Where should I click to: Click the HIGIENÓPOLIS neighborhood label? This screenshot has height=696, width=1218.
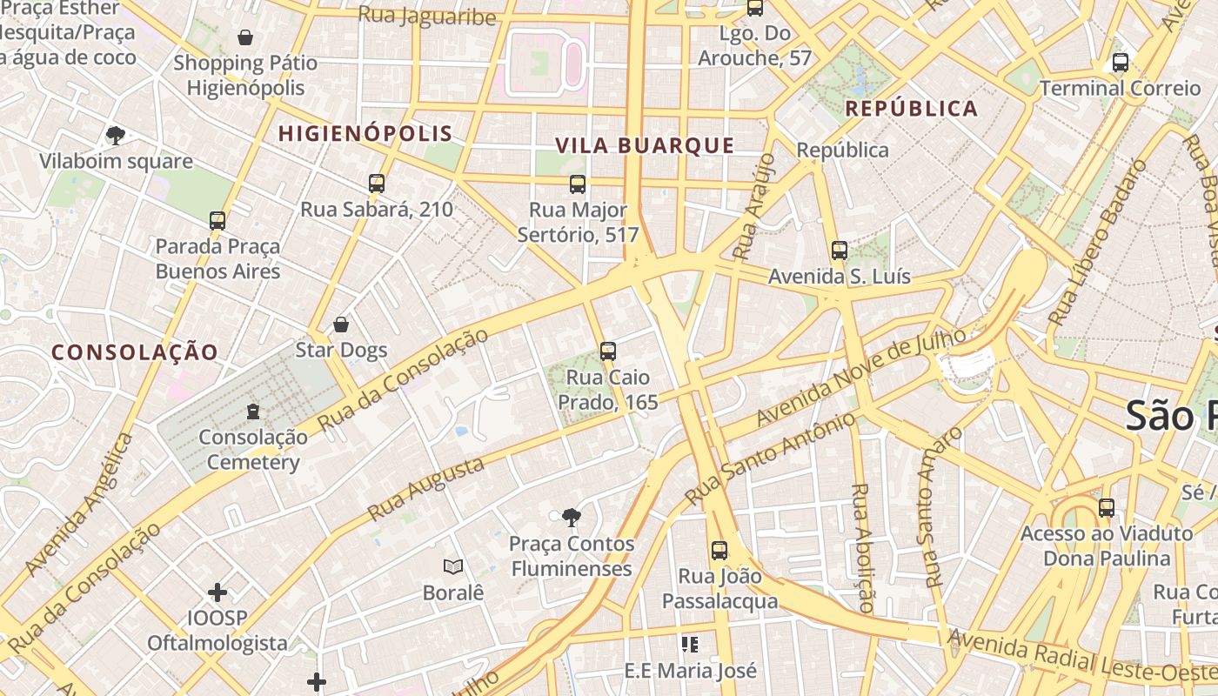365,133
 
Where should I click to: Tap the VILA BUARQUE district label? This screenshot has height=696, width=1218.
645,145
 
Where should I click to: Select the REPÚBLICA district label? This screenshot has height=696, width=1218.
912,109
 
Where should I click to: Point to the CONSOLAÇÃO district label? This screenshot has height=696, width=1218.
135,352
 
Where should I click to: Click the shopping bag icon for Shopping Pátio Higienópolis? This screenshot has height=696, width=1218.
245,37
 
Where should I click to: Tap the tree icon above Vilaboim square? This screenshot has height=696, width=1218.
116,135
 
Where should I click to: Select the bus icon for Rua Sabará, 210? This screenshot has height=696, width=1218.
377,184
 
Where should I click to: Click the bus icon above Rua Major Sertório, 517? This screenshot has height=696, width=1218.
578,184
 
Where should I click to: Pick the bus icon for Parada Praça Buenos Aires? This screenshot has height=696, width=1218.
217,221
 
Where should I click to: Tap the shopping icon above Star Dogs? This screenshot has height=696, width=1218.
341,325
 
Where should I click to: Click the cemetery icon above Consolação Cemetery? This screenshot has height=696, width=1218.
253,411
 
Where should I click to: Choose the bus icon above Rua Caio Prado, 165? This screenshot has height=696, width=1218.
608,351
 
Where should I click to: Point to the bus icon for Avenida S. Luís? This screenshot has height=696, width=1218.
840,251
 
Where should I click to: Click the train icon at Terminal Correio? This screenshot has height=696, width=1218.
1121,63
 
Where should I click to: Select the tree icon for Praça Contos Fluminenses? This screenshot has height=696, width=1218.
572,519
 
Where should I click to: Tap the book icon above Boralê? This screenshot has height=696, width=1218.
452,567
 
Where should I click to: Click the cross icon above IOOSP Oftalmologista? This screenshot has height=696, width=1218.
217,593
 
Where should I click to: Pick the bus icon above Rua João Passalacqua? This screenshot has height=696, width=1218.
719,550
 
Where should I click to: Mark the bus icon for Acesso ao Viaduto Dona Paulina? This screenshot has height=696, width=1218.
1107,507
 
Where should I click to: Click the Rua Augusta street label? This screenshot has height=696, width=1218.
426,490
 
